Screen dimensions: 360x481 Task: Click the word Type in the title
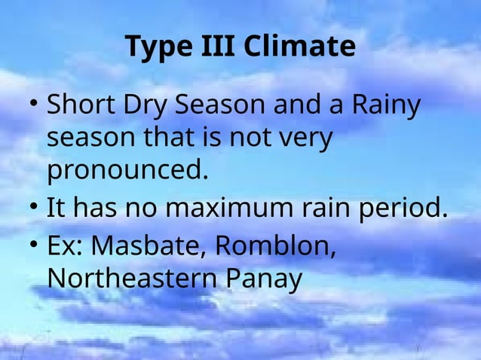[155, 47]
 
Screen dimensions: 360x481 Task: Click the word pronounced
[127, 172]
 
